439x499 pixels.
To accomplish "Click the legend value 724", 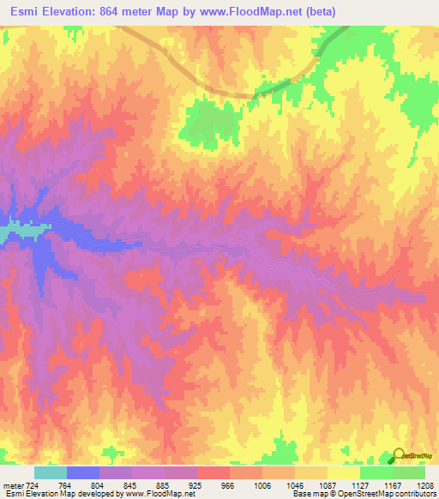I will click(x=33, y=485).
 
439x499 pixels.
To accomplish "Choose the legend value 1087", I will click(x=328, y=485).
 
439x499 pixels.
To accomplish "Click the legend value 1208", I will click(x=426, y=485).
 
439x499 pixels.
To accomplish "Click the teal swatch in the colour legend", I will click(x=51, y=472).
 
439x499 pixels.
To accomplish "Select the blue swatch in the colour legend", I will click(x=83, y=472).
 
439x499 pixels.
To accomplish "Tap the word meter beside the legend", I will click(x=11, y=485).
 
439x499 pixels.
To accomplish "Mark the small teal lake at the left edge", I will click(x=9, y=231).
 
